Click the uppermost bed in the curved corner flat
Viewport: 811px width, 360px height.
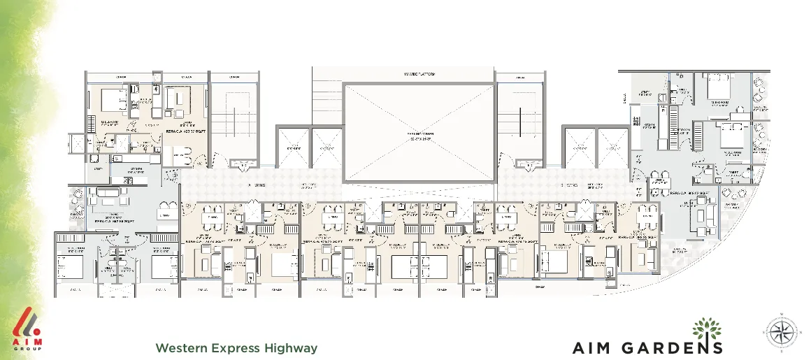[x=718, y=90]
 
